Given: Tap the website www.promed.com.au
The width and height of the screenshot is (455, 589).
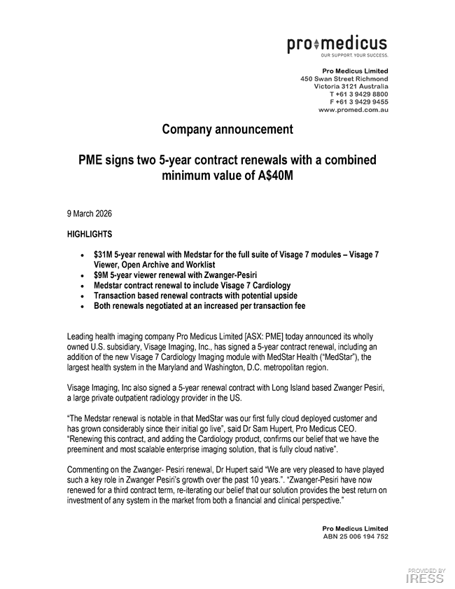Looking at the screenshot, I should pos(353,110).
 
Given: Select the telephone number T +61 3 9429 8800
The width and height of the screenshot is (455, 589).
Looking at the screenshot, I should pos(358,94).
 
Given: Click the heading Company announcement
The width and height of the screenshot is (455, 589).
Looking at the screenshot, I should pos(227,130).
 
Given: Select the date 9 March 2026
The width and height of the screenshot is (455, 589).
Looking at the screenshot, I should pos(90,213).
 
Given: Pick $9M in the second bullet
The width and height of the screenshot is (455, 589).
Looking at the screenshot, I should pos(100,276).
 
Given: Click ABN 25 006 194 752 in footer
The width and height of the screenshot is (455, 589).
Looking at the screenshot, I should pos(355,536).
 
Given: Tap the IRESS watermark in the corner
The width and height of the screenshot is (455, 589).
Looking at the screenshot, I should pos(426,578).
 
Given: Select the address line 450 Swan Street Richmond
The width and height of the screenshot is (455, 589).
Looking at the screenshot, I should pos(344,79).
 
